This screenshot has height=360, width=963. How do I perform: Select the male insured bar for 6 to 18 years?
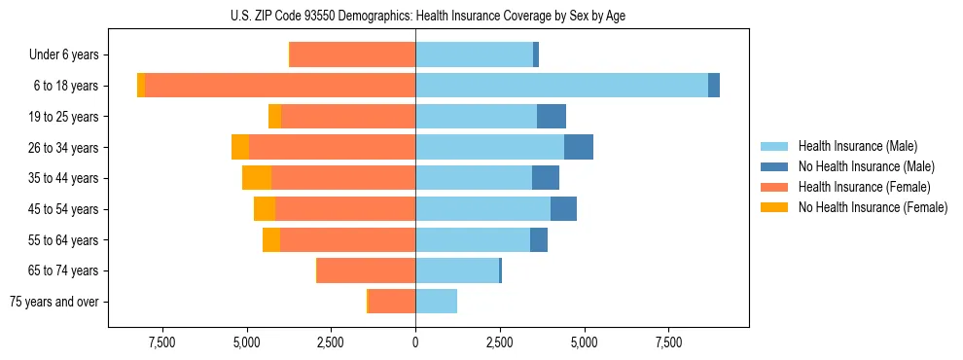(x=561, y=86)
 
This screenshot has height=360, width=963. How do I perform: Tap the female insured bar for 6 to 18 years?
(x=280, y=86)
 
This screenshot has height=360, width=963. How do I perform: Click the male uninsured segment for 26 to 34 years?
(x=578, y=147)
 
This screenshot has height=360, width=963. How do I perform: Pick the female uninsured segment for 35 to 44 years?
(x=257, y=178)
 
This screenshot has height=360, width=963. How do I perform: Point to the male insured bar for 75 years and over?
(x=436, y=302)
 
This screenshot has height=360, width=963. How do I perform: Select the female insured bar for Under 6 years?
(x=353, y=54)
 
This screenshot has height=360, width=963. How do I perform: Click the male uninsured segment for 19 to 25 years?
(x=551, y=117)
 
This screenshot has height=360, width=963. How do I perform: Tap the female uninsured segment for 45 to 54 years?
(x=265, y=209)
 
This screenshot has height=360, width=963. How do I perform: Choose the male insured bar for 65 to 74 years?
(x=457, y=270)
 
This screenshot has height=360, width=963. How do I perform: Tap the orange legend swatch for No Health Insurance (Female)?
(x=775, y=207)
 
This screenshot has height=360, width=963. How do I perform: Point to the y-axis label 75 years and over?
(x=53, y=302)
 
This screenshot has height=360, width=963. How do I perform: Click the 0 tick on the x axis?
(x=415, y=342)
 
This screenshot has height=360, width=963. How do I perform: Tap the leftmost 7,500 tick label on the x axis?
(x=161, y=342)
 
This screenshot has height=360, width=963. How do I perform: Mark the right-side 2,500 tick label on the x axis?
(x=499, y=342)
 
